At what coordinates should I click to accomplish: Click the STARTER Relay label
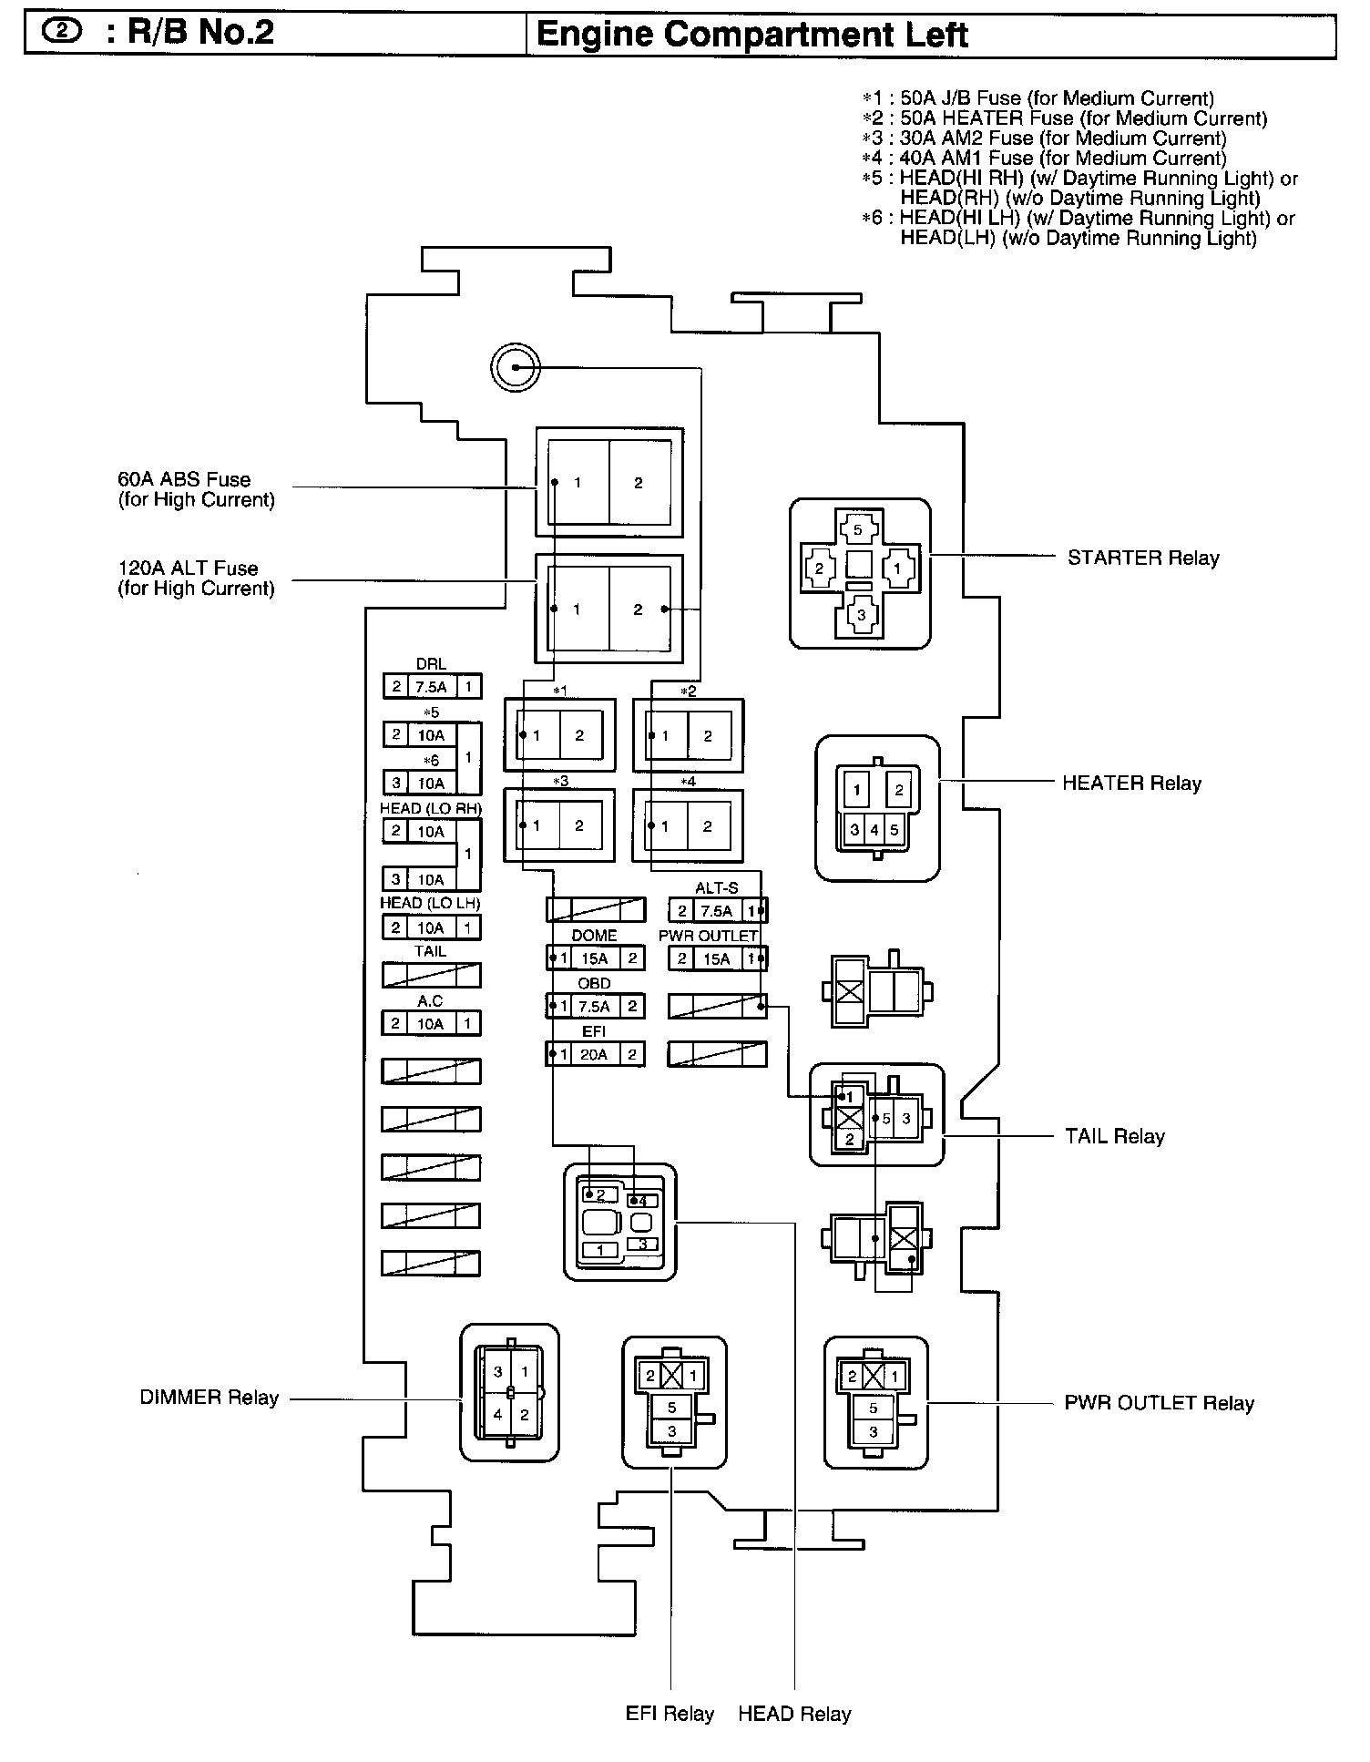pyautogui.click(x=1142, y=558)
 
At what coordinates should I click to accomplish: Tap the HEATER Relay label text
pyautogui.click(x=1131, y=783)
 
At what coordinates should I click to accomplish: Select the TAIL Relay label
pyautogui.click(x=1115, y=1136)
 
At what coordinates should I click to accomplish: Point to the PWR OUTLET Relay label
pyautogui.click(x=1159, y=1403)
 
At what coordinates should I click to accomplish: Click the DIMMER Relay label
pyautogui.click(x=209, y=1398)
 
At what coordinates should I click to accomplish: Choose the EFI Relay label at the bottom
pyautogui.click(x=670, y=1714)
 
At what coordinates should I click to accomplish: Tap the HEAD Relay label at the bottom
pyautogui.click(x=794, y=1714)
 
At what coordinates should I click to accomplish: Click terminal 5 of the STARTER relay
pyautogui.click(x=857, y=529)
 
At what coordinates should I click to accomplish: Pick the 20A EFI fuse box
pyautogui.click(x=595, y=1055)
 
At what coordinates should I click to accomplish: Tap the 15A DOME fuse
pyautogui.click(x=595, y=958)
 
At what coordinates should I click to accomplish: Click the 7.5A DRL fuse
pyautogui.click(x=431, y=687)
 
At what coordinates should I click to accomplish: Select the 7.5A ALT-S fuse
pyautogui.click(x=717, y=910)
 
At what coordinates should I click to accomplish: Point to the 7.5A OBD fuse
pyautogui.click(x=595, y=1007)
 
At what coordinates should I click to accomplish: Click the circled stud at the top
pyautogui.click(x=515, y=367)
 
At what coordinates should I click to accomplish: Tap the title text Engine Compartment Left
pyautogui.click(x=751, y=35)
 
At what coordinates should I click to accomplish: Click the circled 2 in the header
pyautogui.click(x=62, y=32)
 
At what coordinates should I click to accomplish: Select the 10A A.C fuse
pyautogui.click(x=431, y=1024)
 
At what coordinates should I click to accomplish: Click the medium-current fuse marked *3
pyautogui.click(x=558, y=825)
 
